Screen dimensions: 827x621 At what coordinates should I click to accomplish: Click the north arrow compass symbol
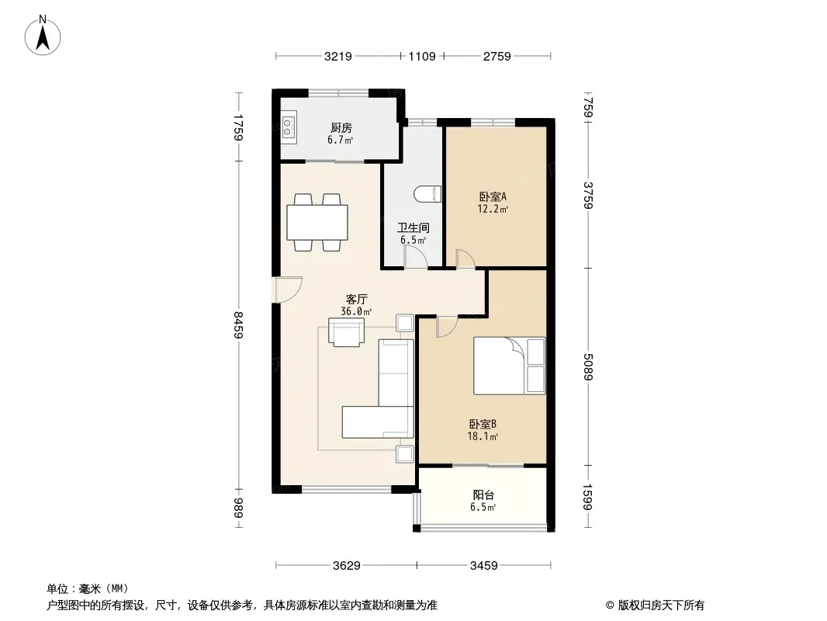click(x=43, y=35)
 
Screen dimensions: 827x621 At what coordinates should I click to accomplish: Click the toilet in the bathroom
click(x=427, y=193)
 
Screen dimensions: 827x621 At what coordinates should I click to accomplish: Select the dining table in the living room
click(x=317, y=222)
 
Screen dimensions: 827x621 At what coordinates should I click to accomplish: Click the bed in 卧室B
click(x=509, y=366)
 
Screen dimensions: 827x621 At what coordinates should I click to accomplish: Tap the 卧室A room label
click(x=493, y=197)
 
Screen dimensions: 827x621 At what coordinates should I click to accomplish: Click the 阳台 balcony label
click(x=483, y=495)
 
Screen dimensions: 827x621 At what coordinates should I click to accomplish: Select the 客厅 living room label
click(x=357, y=299)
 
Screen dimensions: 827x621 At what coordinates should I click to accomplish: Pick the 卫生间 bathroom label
click(x=413, y=228)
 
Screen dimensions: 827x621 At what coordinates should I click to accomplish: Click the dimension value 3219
click(x=338, y=56)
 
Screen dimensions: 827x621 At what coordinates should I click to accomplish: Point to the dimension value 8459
click(x=238, y=324)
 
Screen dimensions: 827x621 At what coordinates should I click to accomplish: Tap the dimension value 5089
click(x=589, y=366)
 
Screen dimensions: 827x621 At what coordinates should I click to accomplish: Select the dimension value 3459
click(x=483, y=566)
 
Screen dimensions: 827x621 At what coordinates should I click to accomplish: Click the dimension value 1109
click(x=422, y=56)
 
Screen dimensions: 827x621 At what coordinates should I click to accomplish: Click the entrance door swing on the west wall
click(x=288, y=290)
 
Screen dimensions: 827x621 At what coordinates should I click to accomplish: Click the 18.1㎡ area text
click(x=483, y=436)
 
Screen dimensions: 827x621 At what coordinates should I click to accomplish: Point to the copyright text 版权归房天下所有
click(x=661, y=605)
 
